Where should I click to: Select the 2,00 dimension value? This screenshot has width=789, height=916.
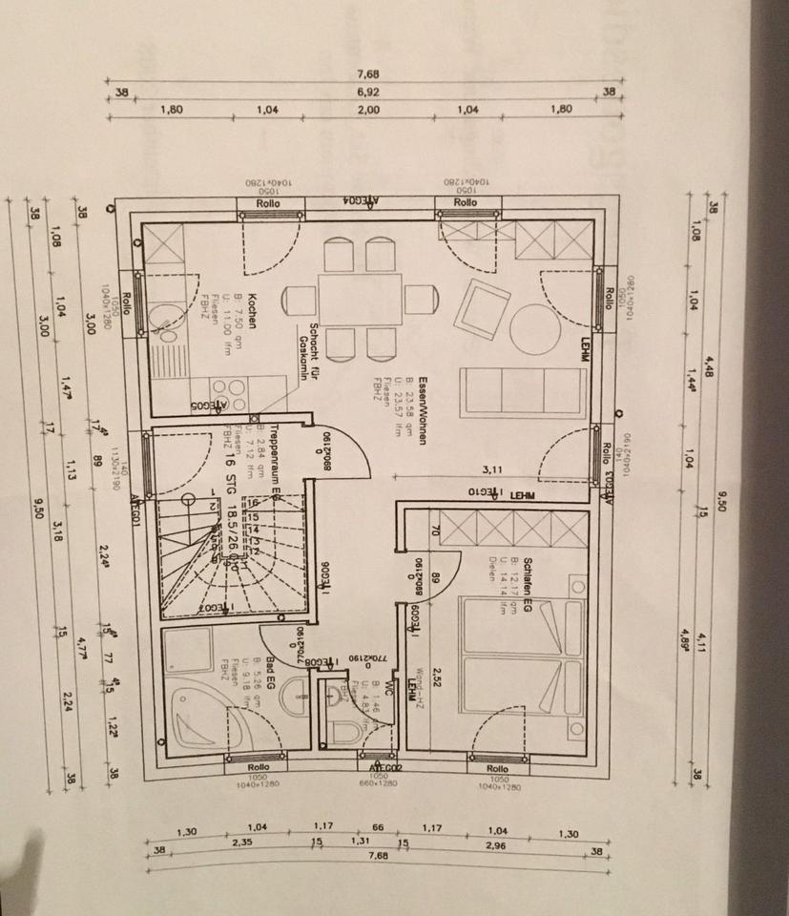click(x=368, y=109)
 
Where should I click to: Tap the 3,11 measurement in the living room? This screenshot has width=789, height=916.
click(x=492, y=468)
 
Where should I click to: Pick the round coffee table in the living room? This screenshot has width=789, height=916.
click(x=535, y=329)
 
